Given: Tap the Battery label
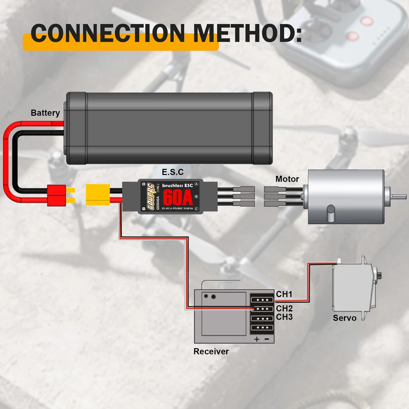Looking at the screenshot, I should point(45,113).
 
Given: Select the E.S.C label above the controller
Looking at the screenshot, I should point(172,172).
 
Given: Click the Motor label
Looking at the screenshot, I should point(287,179).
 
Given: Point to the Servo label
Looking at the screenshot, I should point(344,318).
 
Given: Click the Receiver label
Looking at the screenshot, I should point(211,351).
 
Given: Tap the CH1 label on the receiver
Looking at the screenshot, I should point(284,294).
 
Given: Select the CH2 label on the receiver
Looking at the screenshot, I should point(284,308).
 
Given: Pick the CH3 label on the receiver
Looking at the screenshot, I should point(284,317).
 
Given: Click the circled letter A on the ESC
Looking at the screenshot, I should point(197,184).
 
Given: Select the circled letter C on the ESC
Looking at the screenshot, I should point(197,209).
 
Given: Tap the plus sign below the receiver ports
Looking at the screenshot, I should point(257,339).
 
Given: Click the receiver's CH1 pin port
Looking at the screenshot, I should point(262,299).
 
